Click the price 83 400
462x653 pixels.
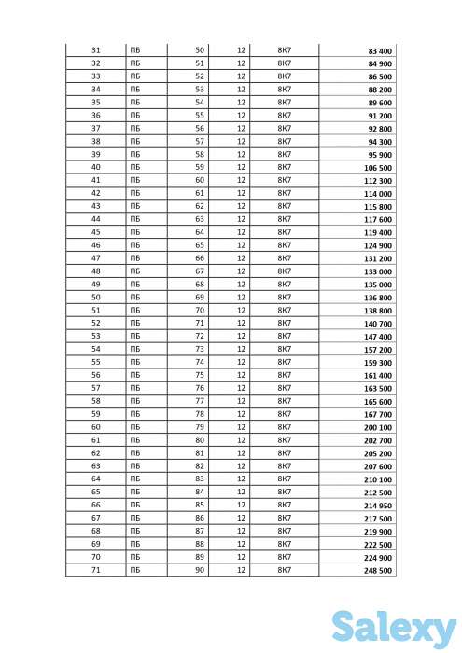pyautogui.click(x=380, y=50)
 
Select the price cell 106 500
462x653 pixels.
pyautogui.click(x=378, y=167)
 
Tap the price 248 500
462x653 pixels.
pyautogui.click(x=378, y=569)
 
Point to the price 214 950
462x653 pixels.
pyautogui.click(x=378, y=505)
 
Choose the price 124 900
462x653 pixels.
pyautogui.click(x=378, y=245)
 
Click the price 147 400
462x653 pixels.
pyautogui.click(x=378, y=336)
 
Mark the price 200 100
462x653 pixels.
pyautogui.click(x=378, y=426)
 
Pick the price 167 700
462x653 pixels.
pyautogui.click(x=378, y=413)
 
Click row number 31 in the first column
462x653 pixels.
pyautogui.click(x=96, y=50)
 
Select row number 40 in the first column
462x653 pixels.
pyautogui.click(x=96, y=167)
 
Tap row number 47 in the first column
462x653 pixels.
pyautogui.click(x=96, y=258)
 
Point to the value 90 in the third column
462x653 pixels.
pyautogui.click(x=200, y=569)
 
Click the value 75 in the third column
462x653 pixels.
pyautogui.click(x=200, y=375)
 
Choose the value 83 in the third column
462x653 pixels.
pyautogui.click(x=200, y=479)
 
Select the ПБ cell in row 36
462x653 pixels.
pyautogui.click(x=135, y=116)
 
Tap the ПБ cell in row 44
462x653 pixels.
pyautogui.click(x=135, y=219)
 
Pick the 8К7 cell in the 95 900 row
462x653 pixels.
pyautogui.click(x=286, y=155)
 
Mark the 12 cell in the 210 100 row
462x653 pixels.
pyautogui.click(x=242, y=479)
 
